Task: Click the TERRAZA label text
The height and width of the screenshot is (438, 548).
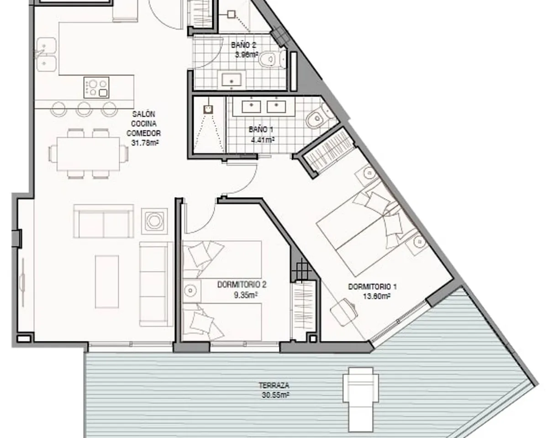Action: click(x=274, y=386)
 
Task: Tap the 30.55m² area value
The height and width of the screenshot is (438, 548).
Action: click(x=275, y=395)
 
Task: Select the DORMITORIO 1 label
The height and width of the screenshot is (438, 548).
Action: click(x=372, y=287)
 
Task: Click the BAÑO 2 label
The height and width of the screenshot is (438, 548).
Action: click(x=243, y=45)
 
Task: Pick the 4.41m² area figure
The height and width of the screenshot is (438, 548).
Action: click(x=263, y=140)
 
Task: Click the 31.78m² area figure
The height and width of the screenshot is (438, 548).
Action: click(x=145, y=143)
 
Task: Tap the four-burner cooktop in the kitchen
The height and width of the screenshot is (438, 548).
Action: click(x=96, y=88)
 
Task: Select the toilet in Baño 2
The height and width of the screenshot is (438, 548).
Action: click(x=272, y=59)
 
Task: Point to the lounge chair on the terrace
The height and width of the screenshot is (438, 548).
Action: click(x=360, y=399)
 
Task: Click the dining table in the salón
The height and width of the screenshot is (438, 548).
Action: click(x=88, y=154)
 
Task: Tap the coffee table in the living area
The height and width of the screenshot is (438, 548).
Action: click(x=107, y=282)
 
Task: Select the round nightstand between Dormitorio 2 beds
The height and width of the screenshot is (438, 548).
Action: click(x=190, y=290)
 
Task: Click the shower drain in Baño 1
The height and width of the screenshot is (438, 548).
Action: click(x=208, y=109)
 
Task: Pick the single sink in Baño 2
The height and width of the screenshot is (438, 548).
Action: click(x=232, y=80)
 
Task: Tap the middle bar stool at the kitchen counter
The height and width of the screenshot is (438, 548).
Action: click(x=84, y=109)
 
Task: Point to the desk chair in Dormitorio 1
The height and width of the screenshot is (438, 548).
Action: click(x=343, y=312)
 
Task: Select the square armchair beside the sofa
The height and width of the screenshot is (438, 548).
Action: click(x=154, y=221)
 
